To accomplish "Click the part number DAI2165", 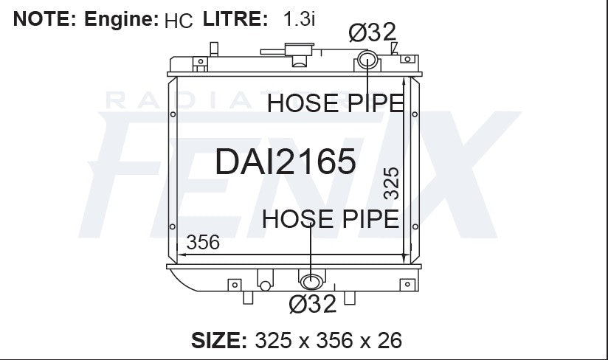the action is pos(286,162).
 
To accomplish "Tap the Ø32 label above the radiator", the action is pos(372,32).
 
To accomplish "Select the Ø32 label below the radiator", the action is pos(313,304).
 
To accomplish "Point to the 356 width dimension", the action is pos(203,242).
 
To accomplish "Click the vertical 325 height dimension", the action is pos(391,183).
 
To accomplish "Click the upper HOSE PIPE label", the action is pos(336,103).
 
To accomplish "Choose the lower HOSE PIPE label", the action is pos(331,219).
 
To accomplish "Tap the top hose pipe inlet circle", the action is pos(367,60).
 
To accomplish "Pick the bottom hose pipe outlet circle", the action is pos(311,282).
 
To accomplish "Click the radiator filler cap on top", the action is pos(299,49).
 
